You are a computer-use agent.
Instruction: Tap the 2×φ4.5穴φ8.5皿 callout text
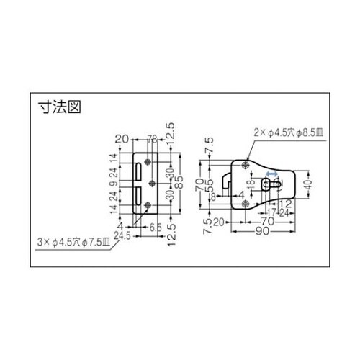[284, 132]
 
